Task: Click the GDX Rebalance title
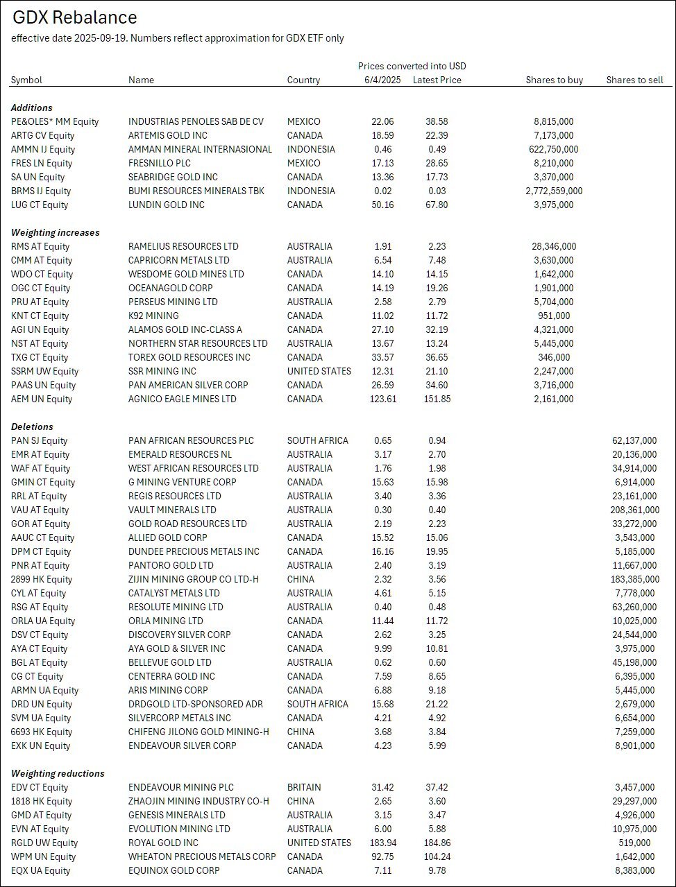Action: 75,18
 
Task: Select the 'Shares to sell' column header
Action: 634,80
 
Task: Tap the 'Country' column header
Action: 303,80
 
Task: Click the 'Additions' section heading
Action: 32,107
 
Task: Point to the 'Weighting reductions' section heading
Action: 58,773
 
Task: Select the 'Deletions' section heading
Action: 32,427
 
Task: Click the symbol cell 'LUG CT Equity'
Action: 40,205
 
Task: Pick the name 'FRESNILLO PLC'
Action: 160,163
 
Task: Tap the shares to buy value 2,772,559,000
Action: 554,191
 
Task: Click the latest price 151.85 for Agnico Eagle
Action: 437,399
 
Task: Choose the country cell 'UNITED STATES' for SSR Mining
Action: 319,371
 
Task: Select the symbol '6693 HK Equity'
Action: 42,732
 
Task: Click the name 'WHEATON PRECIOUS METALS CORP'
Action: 202,856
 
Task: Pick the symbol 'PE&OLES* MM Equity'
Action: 55,121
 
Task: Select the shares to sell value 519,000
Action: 639,843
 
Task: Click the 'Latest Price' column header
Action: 437,80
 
